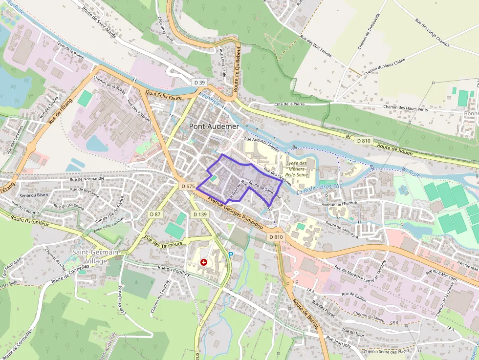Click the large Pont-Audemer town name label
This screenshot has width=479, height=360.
coord(214,127)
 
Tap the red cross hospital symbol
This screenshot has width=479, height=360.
coord(204,262)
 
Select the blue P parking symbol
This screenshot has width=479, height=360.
coord(231,254)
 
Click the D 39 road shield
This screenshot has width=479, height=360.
coord(199,82)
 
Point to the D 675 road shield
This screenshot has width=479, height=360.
coord(188,186)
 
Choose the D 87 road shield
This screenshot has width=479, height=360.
coord(155,214)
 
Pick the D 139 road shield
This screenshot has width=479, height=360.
coord(200,214)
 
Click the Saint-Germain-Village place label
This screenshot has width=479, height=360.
coord(96,256)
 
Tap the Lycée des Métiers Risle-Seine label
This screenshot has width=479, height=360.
coord(296,169)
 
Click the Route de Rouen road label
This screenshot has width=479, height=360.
coord(395,149)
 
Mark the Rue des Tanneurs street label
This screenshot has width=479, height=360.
coord(163,241)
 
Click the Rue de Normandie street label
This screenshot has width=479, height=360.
coord(87,179)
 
